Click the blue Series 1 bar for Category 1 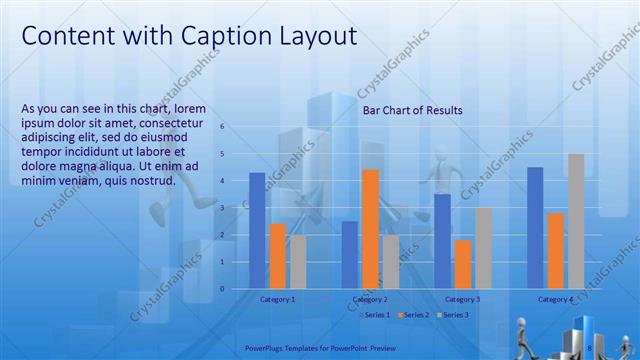257,231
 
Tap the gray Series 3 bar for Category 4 576,221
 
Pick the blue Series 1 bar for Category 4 535,228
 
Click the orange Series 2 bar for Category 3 463,264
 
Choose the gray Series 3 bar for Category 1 298,262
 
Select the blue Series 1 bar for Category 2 349,255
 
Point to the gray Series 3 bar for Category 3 483,248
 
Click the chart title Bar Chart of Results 412,111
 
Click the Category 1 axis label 277,299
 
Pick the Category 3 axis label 462,299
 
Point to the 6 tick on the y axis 223,127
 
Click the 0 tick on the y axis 223,289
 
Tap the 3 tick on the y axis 223,208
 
